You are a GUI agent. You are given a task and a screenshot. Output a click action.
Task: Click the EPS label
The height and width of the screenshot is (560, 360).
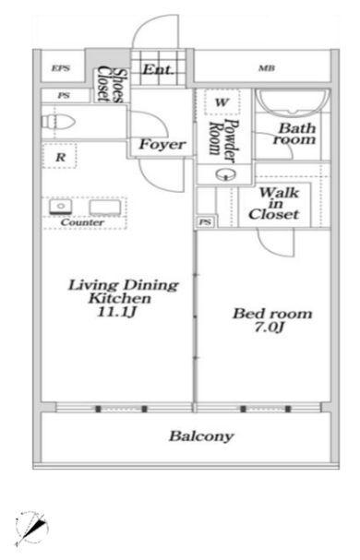click(61, 68)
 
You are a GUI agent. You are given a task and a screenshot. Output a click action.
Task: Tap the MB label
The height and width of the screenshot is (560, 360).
click(267, 68)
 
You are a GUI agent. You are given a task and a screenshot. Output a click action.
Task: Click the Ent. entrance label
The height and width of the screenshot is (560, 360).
click(159, 69)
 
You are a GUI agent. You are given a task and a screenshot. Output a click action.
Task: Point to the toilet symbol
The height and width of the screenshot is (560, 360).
click(58, 122)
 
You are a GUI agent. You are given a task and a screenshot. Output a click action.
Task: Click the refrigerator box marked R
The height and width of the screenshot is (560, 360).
click(59, 155)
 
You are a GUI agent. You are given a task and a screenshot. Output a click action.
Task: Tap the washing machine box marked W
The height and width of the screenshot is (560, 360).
click(222, 102)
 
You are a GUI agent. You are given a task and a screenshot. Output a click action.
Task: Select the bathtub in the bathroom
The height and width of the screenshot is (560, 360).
click(294, 102)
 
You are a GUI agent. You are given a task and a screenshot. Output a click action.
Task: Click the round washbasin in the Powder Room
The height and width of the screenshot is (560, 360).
click(226, 174)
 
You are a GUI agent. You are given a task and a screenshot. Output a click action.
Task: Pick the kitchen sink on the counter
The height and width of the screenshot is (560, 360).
click(61, 207)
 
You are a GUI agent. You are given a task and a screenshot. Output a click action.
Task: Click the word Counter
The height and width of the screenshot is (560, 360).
click(82, 222)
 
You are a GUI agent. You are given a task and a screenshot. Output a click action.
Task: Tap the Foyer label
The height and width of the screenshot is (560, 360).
click(162, 144)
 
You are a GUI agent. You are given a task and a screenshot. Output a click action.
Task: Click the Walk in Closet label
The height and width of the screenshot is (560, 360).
click(274, 204)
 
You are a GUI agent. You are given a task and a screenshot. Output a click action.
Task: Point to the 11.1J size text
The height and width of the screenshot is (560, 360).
click(116, 312)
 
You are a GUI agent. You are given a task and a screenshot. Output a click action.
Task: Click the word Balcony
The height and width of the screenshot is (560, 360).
click(201, 436)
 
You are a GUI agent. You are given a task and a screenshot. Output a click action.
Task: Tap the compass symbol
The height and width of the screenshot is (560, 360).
click(31, 529)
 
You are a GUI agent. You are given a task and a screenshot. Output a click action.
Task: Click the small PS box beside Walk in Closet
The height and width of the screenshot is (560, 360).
click(205, 221)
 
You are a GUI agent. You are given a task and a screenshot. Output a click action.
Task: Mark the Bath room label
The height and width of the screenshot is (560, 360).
click(295, 134)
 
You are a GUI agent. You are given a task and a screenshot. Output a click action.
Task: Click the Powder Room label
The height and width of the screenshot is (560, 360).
click(224, 138)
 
